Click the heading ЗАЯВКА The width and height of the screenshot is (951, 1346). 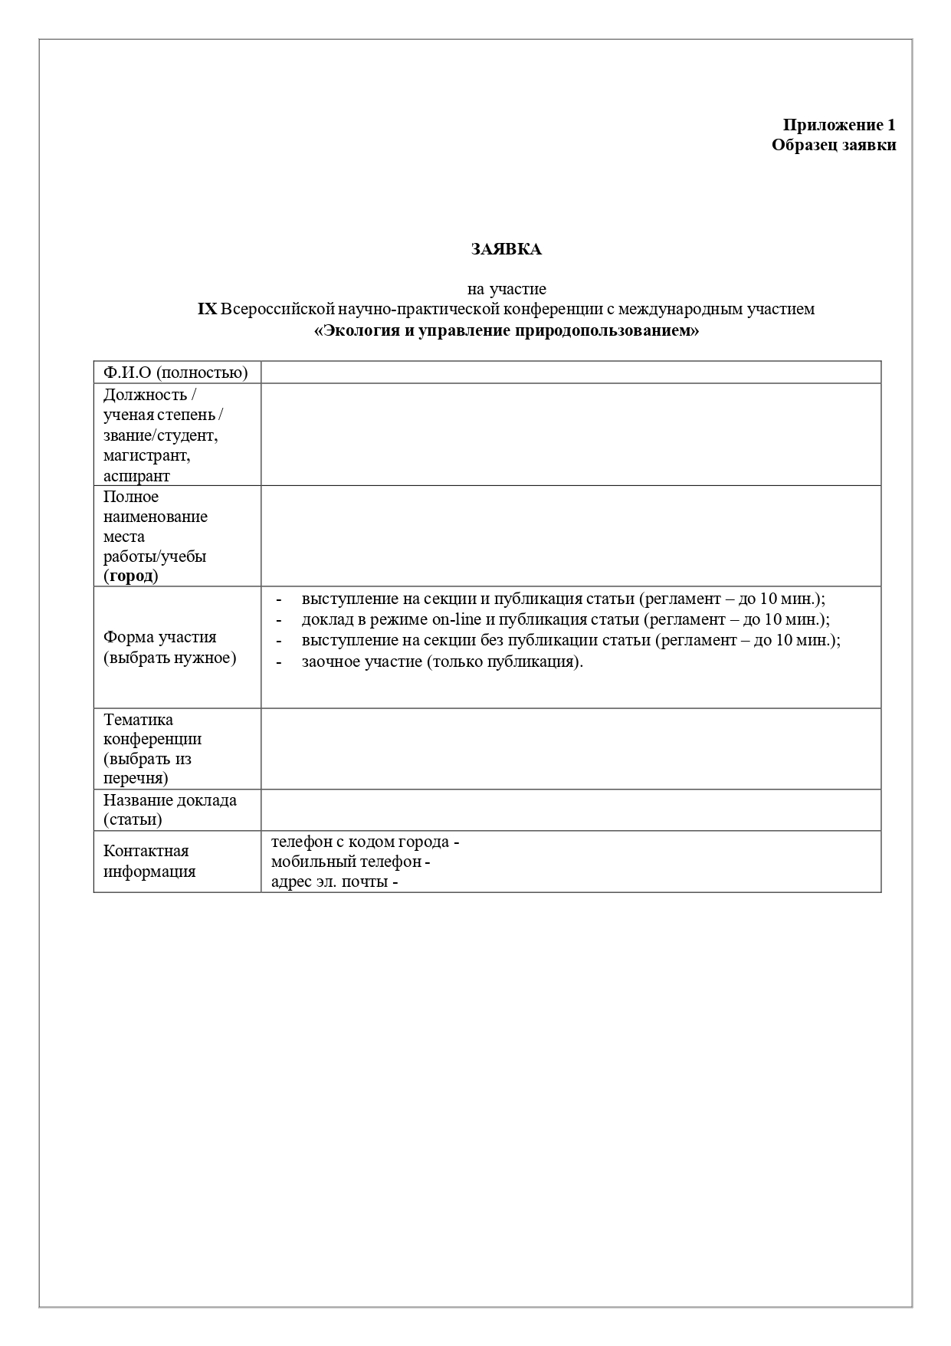coord(506,249)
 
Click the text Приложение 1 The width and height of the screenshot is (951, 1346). coord(838,125)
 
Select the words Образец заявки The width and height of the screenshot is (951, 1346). coord(834,145)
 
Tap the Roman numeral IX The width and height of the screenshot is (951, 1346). coord(207,309)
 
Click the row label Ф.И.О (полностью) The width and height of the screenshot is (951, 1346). coord(175,373)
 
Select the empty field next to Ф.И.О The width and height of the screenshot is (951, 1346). coord(570,373)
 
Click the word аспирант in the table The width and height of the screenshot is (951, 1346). coord(136,476)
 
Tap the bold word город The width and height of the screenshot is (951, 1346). coord(131,576)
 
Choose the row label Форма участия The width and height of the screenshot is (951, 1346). coord(160,637)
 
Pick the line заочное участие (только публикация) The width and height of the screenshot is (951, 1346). coord(442,662)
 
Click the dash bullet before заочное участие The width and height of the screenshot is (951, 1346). coord(279,662)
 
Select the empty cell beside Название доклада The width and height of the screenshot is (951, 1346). coord(570,810)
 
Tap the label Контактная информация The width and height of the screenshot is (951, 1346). coord(149,861)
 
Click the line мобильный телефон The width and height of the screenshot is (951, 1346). coord(349,862)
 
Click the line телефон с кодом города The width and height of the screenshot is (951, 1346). coord(364,842)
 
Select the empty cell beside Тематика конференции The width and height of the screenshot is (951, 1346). coord(570,749)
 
